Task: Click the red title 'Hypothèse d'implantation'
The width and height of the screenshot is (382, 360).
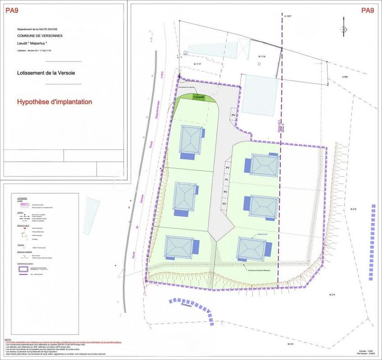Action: click(54, 102)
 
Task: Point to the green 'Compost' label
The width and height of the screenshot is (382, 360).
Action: click(199, 97)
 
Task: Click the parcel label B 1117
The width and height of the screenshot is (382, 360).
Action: click(192, 64)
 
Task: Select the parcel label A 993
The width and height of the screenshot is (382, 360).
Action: click(345, 77)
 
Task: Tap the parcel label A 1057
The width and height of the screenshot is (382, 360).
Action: click(287, 16)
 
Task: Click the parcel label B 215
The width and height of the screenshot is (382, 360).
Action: click(353, 211)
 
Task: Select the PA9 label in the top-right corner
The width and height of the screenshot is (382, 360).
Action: click(367, 10)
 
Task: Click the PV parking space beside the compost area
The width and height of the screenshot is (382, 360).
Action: click(233, 115)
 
